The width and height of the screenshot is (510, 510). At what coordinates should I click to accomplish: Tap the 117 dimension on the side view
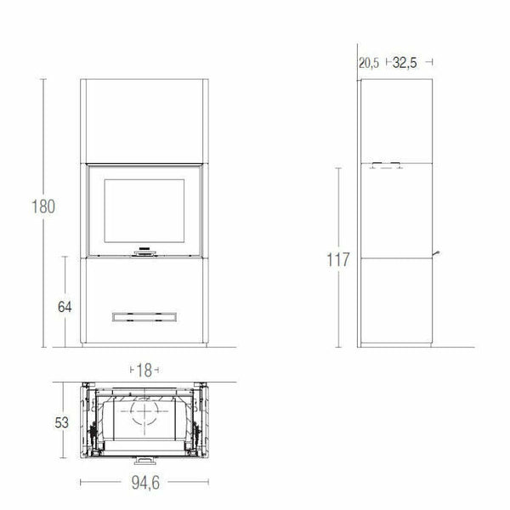click(x=338, y=260)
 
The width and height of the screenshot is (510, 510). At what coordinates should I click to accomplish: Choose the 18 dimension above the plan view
click(x=144, y=371)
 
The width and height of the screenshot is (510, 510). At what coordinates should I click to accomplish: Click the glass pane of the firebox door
click(x=144, y=212)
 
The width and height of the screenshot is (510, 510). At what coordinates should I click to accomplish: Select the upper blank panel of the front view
click(x=144, y=120)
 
